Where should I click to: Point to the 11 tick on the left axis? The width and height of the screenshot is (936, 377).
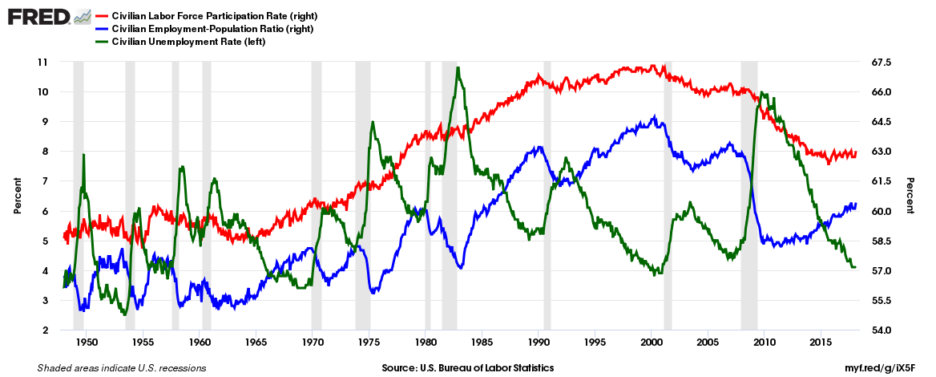coord(42,62)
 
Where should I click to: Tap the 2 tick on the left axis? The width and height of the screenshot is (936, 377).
coord(45,330)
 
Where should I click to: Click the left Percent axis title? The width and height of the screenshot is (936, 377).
coord(17,196)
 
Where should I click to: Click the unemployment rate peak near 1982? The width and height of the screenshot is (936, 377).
coord(457,68)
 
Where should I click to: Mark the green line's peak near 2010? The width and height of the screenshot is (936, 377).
coord(760,93)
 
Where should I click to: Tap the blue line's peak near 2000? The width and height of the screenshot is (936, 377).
coord(655,117)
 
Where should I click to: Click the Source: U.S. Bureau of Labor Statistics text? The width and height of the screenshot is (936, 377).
coord(467,367)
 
